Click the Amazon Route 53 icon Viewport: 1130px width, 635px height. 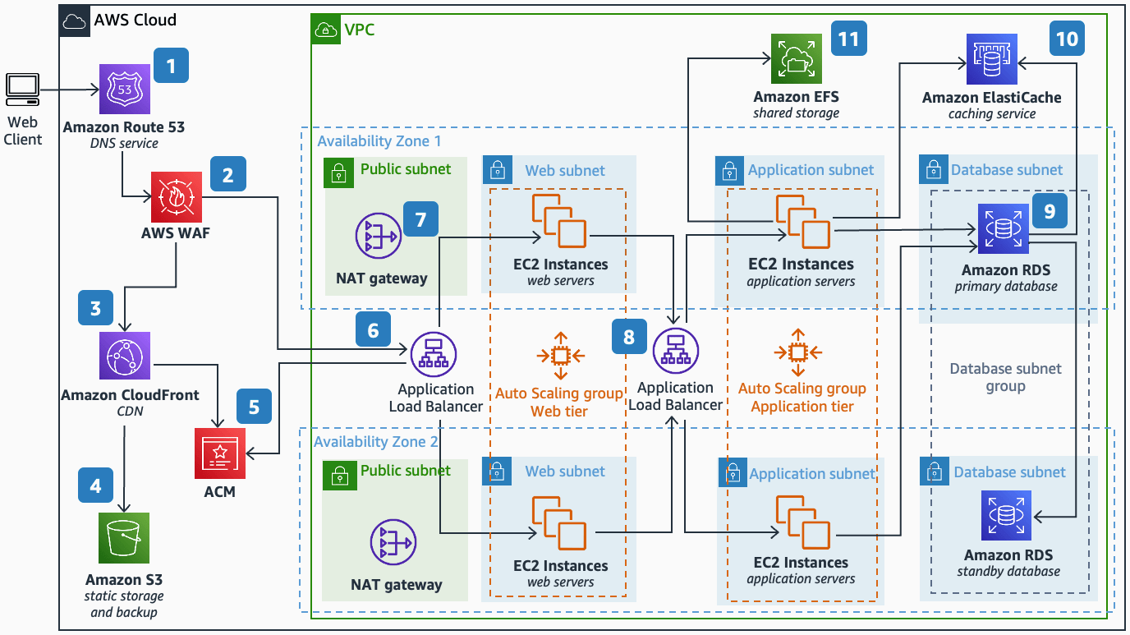(x=125, y=90)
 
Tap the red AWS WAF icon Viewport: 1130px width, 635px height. (x=175, y=197)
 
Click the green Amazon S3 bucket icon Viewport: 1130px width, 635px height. (x=124, y=539)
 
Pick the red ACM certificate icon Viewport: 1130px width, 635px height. (x=219, y=453)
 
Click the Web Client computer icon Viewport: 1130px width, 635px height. (x=22, y=90)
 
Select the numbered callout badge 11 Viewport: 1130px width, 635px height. (x=848, y=38)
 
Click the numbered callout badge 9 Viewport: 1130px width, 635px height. (x=1049, y=212)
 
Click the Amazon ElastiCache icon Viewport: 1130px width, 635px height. (x=991, y=59)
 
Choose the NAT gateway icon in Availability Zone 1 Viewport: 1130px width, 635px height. (x=378, y=237)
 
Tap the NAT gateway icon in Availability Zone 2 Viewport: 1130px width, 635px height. (x=393, y=544)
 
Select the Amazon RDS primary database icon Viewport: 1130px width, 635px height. (x=1003, y=228)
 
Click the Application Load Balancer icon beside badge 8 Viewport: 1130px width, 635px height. (x=675, y=350)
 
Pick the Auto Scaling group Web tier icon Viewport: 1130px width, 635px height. (x=560, y=355)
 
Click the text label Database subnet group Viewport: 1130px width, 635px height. (x=1005, y=377)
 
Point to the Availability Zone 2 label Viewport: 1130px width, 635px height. (x=375, y=441)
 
